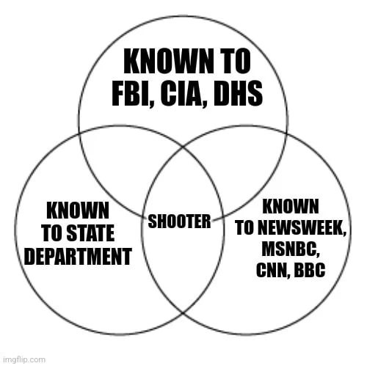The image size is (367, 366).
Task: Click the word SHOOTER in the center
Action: click(180, 220)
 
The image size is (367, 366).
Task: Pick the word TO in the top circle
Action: click(233, 61)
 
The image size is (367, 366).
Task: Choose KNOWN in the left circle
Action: click(79, 211)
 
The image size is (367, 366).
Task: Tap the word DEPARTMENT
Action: click(78, 257)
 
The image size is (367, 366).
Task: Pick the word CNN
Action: click(271, 269)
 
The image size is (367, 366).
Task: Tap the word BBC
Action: click(310, 269)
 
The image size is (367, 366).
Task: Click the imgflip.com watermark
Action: click(23, 359)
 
